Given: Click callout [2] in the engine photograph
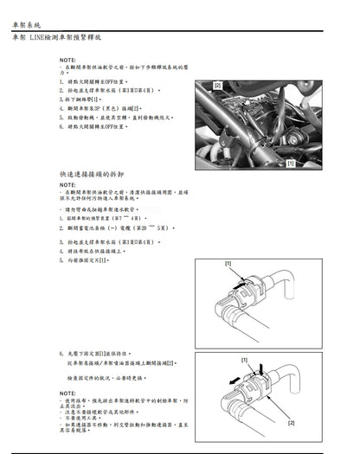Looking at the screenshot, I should (x=217, y=86).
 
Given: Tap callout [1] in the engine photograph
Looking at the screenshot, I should (x=291, y=163).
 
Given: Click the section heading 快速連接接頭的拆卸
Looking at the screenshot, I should (x=91, y=175).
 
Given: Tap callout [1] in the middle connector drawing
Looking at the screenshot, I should (x=228, y=263).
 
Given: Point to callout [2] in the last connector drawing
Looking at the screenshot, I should (x=292, y=422).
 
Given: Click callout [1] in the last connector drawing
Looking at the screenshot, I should (x=244, y=359).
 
